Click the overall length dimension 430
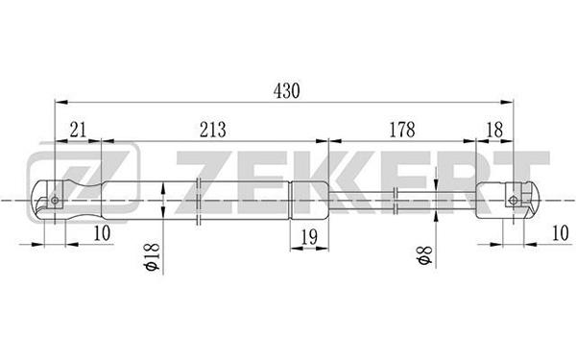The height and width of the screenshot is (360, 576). point(286,91)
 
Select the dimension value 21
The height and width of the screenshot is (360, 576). point(78,130)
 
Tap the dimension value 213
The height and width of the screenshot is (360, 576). point(213,130)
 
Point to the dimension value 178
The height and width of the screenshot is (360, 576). point(402,130)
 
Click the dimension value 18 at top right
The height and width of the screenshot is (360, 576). point(494,130)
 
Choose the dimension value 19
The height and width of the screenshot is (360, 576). point(309,237)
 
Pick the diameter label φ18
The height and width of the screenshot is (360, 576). point(153,256)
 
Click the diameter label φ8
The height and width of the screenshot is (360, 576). point(424,255)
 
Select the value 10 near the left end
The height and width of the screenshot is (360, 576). point(102,233)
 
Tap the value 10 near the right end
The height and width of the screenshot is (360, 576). point(561,233)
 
